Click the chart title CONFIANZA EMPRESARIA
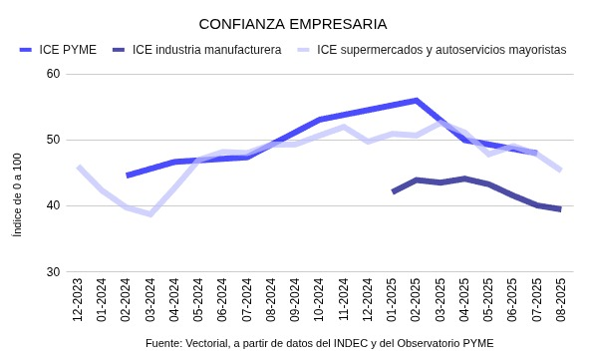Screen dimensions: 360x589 pos(293,23)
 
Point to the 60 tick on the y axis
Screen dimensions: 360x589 pos(53,74)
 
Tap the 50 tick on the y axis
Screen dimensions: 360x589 pos(53,140)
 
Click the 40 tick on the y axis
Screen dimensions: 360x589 pos(53,206)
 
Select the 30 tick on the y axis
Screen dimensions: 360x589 pos(53,272)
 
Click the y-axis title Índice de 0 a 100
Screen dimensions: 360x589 pos(17,194)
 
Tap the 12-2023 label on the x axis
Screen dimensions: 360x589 pos(78,300)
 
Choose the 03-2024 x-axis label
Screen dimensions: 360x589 pos(150,300)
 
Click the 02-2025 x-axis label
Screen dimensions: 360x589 pos(416,300)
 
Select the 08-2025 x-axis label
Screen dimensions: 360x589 pos(560,300)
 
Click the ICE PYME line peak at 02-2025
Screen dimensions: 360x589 pos(416,101)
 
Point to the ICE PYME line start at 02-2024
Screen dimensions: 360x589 pos(127,176)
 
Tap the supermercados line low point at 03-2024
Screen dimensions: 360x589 pos(150,213)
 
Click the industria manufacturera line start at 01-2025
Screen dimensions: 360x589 pos(393,191)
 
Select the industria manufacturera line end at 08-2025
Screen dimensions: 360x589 pos(560,209)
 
